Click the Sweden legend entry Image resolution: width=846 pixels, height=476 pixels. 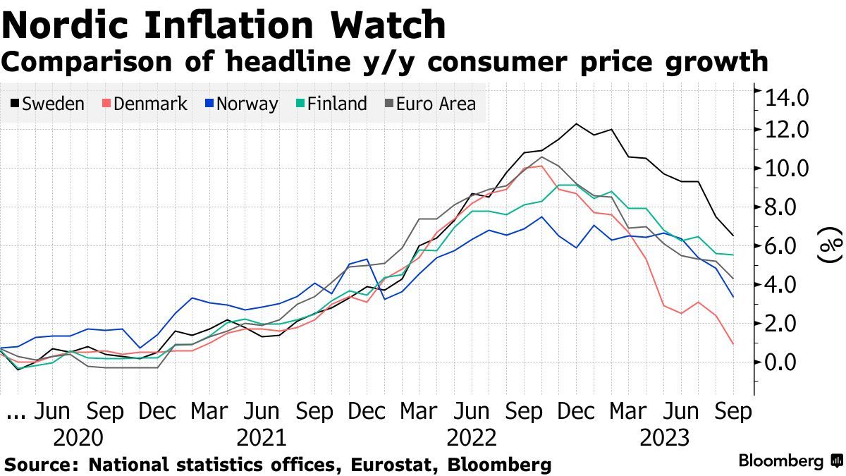[47, 104]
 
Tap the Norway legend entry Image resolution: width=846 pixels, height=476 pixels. [241, 104]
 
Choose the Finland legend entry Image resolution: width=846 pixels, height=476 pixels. [333, 104]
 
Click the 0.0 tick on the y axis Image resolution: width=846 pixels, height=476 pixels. [787, 362]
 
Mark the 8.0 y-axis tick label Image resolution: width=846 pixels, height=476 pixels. [787, 207]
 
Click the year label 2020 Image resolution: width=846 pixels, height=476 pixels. [78, 438]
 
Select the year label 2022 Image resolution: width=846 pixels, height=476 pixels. [472, 438]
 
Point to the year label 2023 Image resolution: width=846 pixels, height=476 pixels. [664, 438]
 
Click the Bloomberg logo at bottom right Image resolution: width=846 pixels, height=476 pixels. [790, 461]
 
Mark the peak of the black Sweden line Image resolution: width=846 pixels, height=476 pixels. [577, 123]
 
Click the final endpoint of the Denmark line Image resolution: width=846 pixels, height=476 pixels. [734, 344]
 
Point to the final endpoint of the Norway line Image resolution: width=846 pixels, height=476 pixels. [734, 297]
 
